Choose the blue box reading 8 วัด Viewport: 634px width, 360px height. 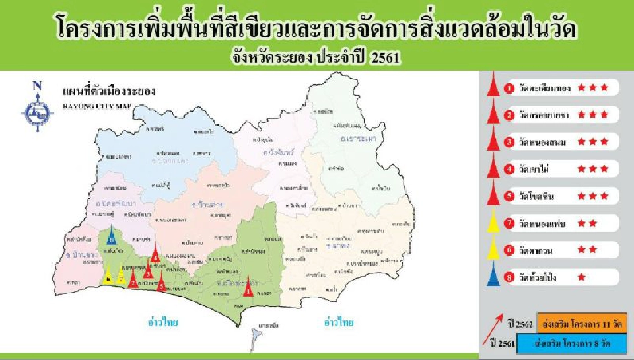[x=572, y=344]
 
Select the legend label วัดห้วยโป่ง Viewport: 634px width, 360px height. [x=539, y=278]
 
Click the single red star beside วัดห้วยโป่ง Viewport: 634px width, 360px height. [x=581, y=278]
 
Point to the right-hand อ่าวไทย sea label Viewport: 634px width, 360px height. [x=338, y=322]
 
